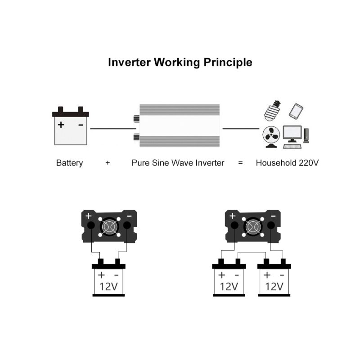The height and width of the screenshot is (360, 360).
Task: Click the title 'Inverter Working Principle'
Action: pos(180,62)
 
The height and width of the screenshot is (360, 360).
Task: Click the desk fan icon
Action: pos(271,136)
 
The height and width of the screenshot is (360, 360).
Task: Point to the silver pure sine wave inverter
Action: pos(179,126)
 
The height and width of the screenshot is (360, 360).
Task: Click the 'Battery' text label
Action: pos(69,163)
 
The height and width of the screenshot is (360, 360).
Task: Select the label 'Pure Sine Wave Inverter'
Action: pos(178,163)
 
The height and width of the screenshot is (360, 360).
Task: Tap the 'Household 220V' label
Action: pos(287,163)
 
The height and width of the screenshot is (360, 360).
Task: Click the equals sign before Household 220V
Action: pos(240,163)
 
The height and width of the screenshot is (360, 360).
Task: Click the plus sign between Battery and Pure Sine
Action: pos(108,163)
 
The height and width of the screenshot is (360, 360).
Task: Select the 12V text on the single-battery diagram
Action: pos(108,286)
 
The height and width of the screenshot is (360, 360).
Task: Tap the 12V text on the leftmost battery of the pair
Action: pos(229,286)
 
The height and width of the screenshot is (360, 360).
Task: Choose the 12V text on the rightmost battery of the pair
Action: pos(274,286)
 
